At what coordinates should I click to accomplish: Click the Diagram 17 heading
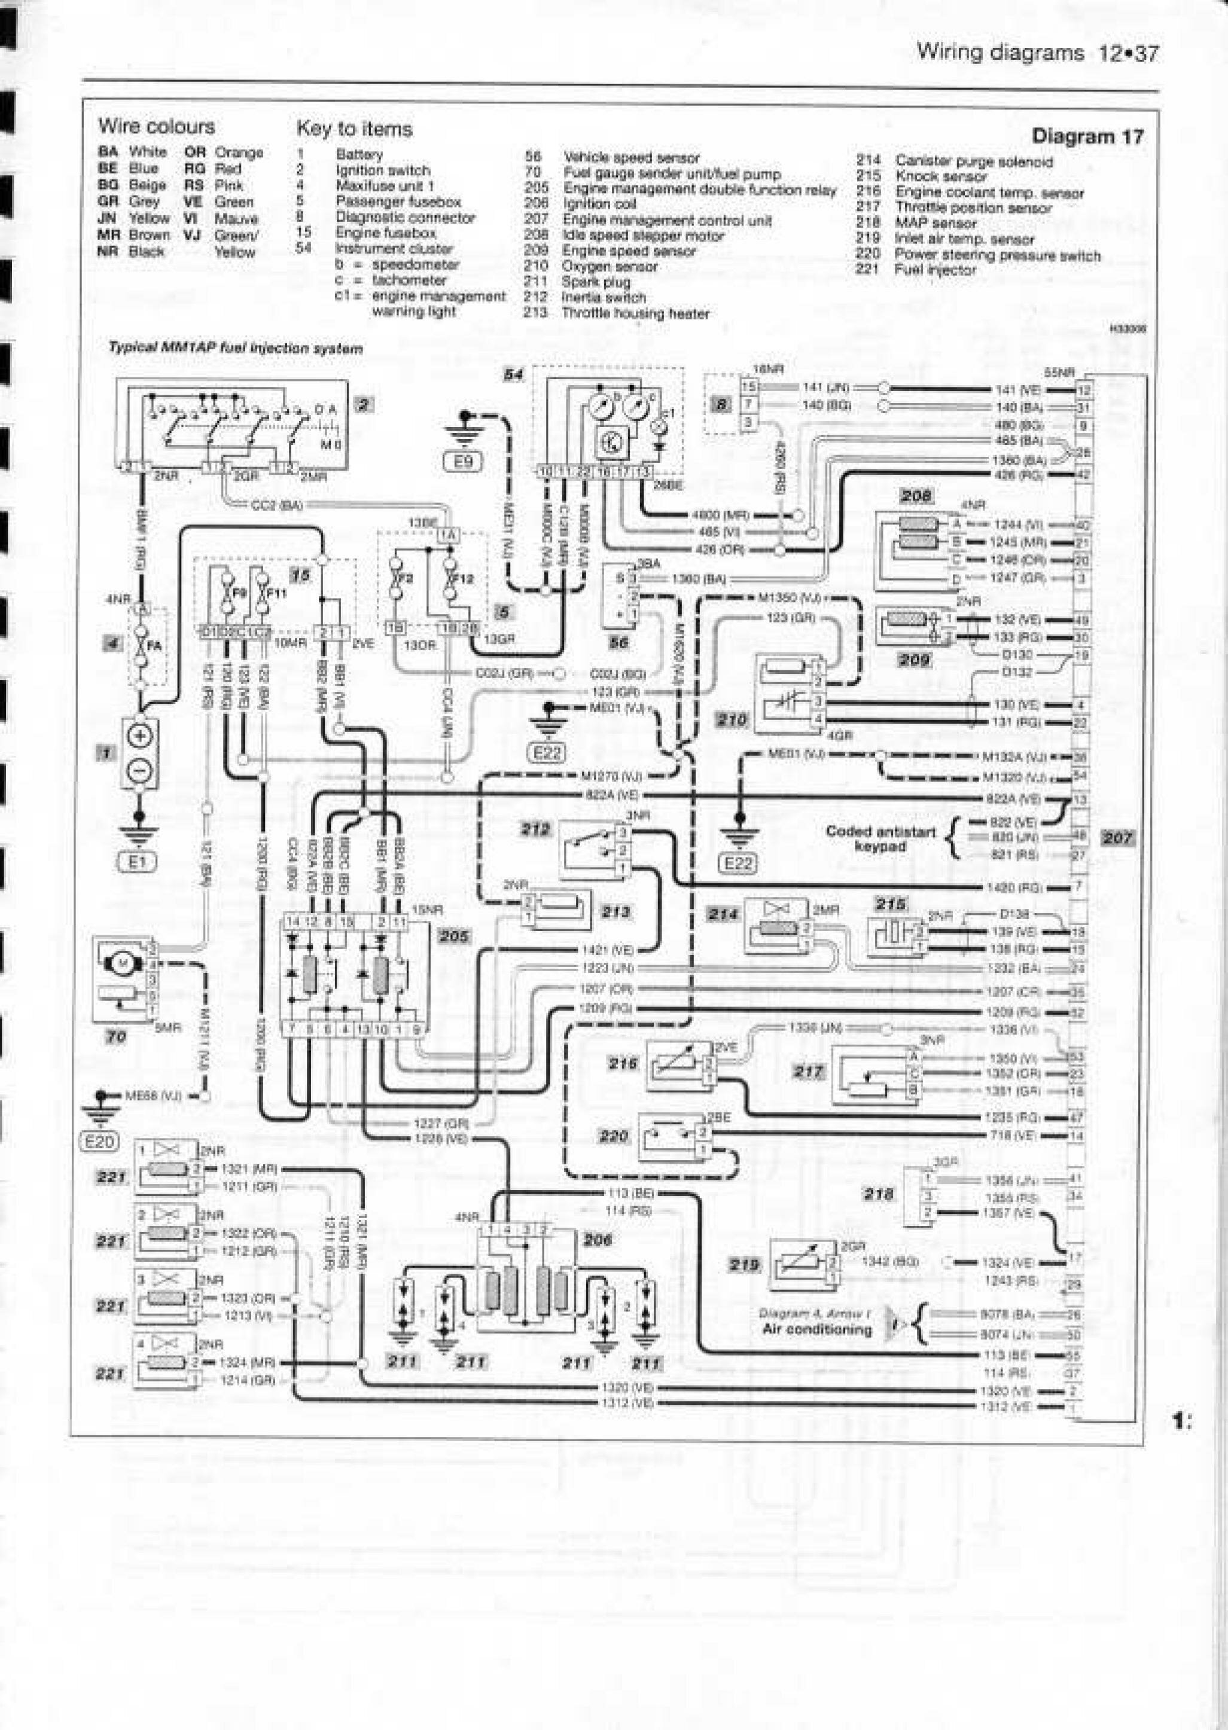[x=1087, y=137]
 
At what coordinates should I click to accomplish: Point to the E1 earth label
[x=138, y=862]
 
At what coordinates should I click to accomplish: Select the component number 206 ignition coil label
[x=598, y=1240]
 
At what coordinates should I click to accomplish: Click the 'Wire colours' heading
[x=157, y=126]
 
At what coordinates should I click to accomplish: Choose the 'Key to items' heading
[x=354, y=129]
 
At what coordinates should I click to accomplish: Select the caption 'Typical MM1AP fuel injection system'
[x=235, y=349]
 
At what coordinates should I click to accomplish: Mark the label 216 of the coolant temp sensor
[x=625, y=1063]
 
